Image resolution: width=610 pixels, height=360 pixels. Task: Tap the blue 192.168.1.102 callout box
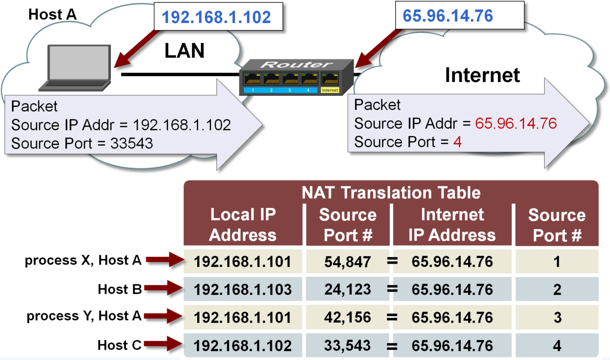click(217, 17)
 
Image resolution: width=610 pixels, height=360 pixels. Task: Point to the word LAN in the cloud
click(184, 51)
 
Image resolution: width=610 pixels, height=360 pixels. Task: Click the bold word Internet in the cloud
click(482, 75)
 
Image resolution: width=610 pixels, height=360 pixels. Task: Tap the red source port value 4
click(457, 142)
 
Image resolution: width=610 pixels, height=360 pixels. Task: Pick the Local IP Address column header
click(243, 225)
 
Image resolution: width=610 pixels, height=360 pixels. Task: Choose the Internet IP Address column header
click(452, 225)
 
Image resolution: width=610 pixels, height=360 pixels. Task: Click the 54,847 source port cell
click(348, 262)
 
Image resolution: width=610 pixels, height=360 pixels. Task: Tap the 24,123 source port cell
click(348, 289)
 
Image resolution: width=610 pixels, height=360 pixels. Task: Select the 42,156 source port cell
click(348, 318)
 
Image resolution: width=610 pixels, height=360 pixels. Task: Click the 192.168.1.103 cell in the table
click(243, 289)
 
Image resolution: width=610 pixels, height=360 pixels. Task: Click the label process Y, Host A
click(84, 316)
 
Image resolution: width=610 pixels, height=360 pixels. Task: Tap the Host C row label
click(119, 345)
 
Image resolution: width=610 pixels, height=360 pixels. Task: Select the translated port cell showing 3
click(557, 318)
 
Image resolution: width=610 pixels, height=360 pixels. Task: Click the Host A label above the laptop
click(53, 14)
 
